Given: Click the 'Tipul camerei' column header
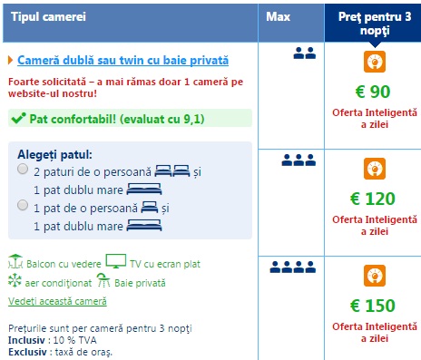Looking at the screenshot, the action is pyautogui.click(x=48, y=16).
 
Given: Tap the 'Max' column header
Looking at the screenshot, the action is pyautogui.click(x=278, y=16).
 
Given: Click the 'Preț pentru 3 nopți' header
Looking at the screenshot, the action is pyautogui.click(x=375, y=24).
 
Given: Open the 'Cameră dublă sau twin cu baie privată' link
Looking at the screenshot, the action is pyautogui.click(x=122, y=61).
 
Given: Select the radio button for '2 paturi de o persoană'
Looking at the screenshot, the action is pyautogui.click(x=23, y=169).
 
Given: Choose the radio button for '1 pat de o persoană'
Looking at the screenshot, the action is pyautogui.click(x=23, y=205).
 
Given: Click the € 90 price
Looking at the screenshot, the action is pyautogui.click(x=373, y=92).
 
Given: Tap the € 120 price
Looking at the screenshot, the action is pyautogui.click(x=373, y=199).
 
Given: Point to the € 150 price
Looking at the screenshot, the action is pyautogui.click(x=373, y=306).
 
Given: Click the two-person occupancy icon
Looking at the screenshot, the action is pyautogui.click(x=305, y=54).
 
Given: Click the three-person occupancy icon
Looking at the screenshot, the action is pyautogui.click(x=299, y=161).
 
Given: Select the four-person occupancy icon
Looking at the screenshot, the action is pyautogui.click(x=293, y=268).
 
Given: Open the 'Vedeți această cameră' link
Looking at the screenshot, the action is pyautogui.click(x=57, y=301).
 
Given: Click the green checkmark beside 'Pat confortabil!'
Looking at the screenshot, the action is pyautogui.click(x=18, y=119).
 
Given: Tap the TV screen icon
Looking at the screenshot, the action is pyautogui.click(x=116, y=261).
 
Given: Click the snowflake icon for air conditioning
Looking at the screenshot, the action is pyautogui.click(x=15, y=280).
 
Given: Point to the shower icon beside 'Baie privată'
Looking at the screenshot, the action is pyautogui.click(x=103, y=280).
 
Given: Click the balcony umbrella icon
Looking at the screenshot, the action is pyautogui.click(x=15, y=261).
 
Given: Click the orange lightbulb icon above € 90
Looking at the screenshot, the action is pyautogui.click(x=375, y=62).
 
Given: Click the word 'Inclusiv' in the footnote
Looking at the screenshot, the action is pyautogui.click(x=26, y=340).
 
